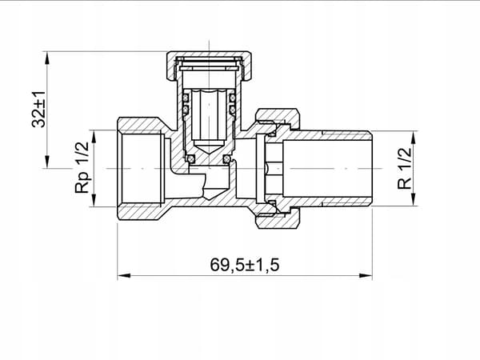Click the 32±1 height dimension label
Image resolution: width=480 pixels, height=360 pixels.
39,110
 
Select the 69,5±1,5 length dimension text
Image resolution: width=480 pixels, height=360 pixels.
245,265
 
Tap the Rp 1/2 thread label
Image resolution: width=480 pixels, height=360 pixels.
82,167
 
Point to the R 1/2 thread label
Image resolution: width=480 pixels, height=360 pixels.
404,168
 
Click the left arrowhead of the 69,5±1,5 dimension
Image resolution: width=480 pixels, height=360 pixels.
124,275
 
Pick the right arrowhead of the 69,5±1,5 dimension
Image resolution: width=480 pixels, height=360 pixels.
366,275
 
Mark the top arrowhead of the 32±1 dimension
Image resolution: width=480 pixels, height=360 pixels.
47,58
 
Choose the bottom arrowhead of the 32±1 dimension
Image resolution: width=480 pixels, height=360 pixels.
47,162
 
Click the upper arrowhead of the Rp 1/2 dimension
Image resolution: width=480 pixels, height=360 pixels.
94,137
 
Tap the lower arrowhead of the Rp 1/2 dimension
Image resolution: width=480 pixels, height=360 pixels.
94,201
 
